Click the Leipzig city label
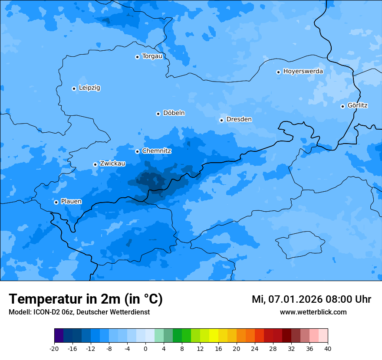(x=89, y=88)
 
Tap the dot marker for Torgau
(x=137, y=57)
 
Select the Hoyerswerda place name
(x=303, y=72)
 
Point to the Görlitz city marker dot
(x=342, y=106)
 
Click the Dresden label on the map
(x=239, y=119)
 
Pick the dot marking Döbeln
(x=158, y=114)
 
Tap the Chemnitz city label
(x=156, y=151)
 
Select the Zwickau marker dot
(x=95, y=164)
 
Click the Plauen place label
(x=71, y=202)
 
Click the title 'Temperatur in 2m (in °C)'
(x=86, y=299)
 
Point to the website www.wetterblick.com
(x=313, y=312)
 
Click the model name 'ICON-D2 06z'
(x=53, y=312)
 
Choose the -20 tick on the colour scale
(x=54, y=348)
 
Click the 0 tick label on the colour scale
(x=145, y=348)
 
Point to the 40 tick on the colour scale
(x=327, y=348)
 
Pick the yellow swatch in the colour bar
(x=214, y=336)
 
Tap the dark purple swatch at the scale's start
(x=59, y=336)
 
